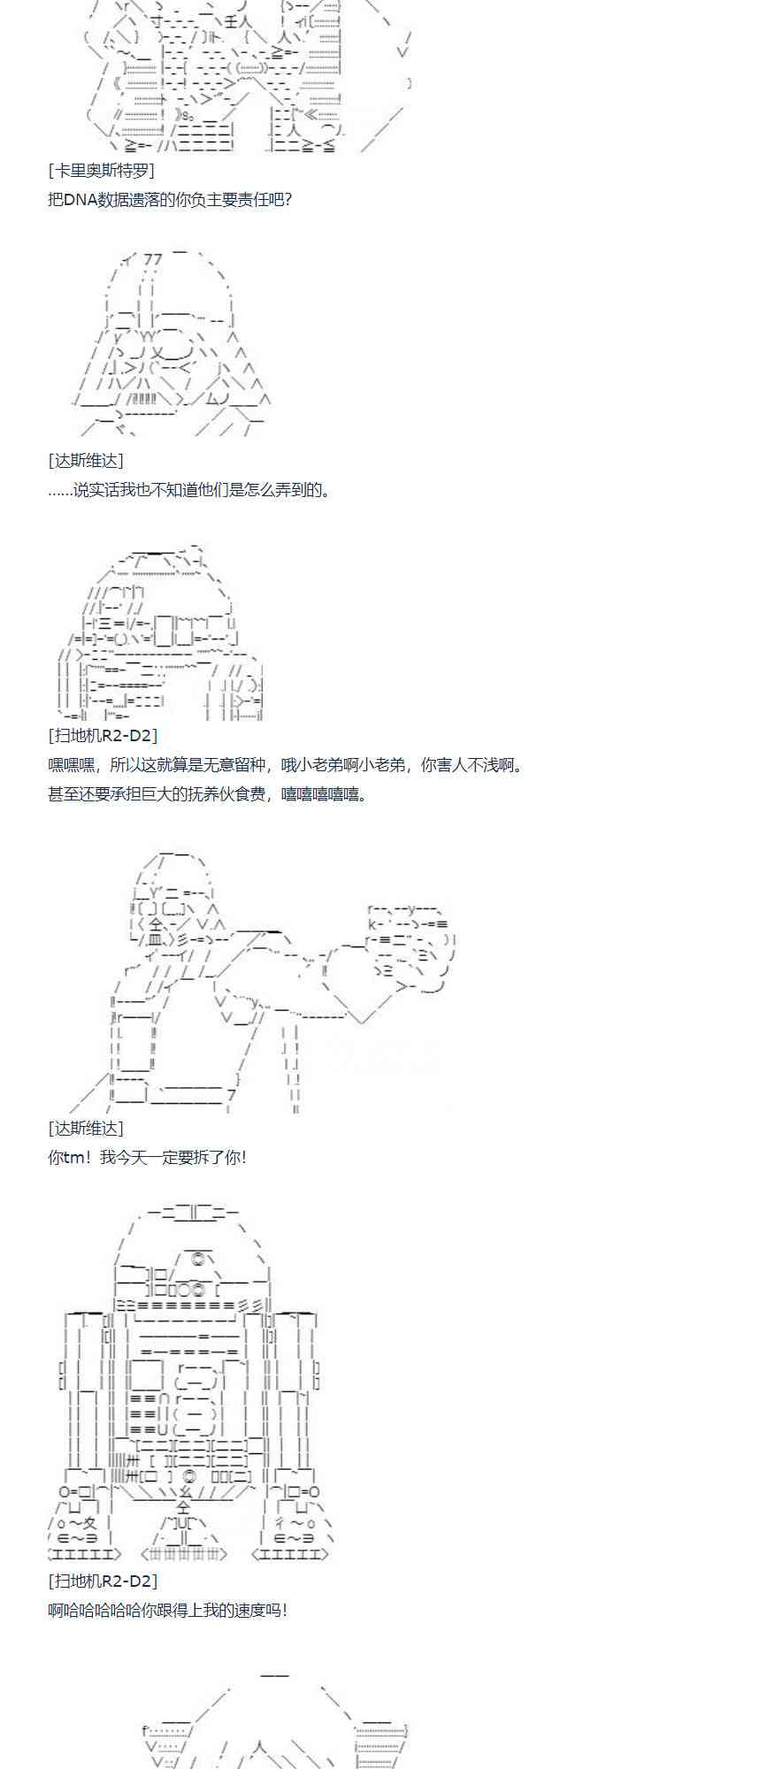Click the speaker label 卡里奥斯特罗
[x=101, y=171]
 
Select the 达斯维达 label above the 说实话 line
[x=86, y=461]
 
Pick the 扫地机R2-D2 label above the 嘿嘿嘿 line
[x=103, y=735]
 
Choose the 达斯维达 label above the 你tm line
[x=86, y=1129]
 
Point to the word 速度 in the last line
[x=245, y=1610]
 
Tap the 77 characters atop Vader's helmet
[x=152, y=259]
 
